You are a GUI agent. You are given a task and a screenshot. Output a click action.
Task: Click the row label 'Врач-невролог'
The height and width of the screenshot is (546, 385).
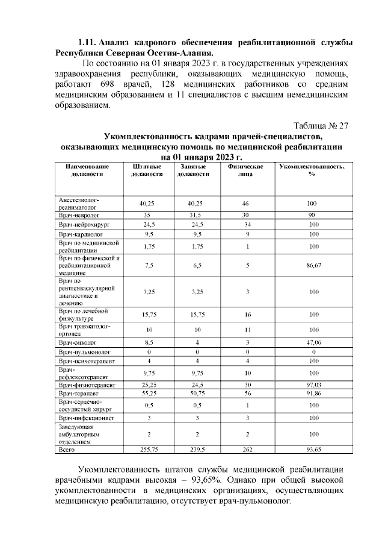(79, 215)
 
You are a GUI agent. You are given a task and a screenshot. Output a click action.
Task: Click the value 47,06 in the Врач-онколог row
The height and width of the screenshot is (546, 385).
(312, 341)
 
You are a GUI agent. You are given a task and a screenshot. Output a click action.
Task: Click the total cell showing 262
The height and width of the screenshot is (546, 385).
(244, 450)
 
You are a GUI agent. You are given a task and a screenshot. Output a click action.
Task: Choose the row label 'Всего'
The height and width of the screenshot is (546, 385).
(66, 450)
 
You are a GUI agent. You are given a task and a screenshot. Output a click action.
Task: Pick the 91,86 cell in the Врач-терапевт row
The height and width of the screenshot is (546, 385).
(312, 392)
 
